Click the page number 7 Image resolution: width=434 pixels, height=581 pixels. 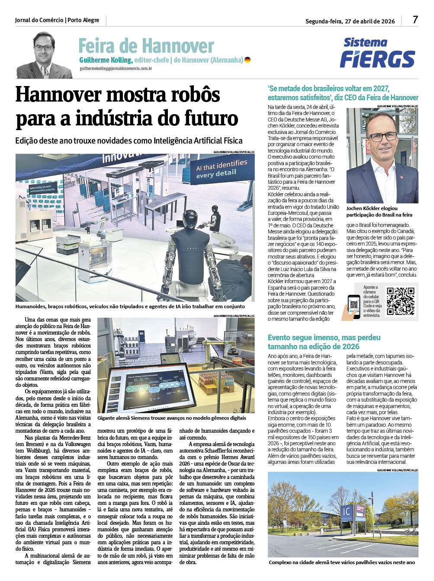(415, 20)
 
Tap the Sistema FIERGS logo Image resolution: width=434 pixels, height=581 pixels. (377, 53)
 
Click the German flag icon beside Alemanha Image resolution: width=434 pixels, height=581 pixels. (248, 60)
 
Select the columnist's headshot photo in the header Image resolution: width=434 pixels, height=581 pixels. (44, 55)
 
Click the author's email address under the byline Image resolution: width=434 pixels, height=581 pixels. (116, 68)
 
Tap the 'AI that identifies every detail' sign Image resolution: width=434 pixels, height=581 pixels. (222, 169)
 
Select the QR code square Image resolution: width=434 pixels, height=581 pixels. (400, 301)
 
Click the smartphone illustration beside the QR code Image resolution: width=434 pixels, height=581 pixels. (354, 306)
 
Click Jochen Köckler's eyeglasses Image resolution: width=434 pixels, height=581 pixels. (382, 137)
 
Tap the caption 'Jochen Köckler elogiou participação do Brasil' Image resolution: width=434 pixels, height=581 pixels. (379, 211)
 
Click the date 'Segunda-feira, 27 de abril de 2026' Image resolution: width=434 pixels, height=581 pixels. (350, 21)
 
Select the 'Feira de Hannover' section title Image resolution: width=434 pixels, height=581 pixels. (146, 45)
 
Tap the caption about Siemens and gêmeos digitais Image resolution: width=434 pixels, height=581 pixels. (172, 418)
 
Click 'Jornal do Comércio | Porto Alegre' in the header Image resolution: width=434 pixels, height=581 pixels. (57, 20)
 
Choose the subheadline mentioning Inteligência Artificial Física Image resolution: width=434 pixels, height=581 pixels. (129, 140)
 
